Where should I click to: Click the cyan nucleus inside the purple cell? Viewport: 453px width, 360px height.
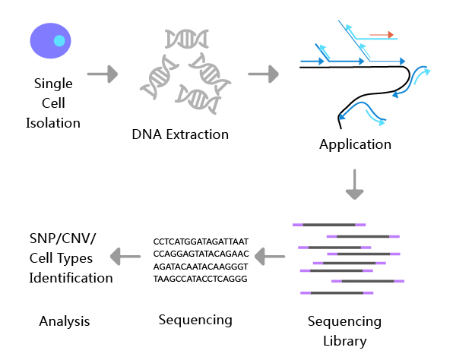tap(59, 41)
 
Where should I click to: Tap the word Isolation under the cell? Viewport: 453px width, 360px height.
tap(53, 123)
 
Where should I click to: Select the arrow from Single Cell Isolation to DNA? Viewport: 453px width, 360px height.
tap(103, 74)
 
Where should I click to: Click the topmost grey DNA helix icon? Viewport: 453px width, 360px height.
tap(187, 39)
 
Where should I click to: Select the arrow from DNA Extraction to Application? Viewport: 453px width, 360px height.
tap(263, 74)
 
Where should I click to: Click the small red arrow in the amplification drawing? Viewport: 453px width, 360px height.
tap(382, 35)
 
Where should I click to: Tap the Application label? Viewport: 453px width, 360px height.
tap(356, 144)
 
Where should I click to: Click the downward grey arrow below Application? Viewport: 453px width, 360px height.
tap(354, 185)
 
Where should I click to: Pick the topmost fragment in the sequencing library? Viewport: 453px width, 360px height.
tap(329, 225)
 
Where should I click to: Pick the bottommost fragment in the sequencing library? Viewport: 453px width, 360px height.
tap(337, 292)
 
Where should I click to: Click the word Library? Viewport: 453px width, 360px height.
tap(344, 341)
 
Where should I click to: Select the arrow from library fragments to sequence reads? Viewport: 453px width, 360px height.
tap(270, 257)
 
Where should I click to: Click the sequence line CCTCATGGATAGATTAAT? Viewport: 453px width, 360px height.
tap(201, 242)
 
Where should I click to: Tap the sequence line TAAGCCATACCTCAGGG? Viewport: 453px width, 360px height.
tap(200, 279)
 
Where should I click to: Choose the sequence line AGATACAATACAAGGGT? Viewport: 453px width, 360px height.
tap(201, 267)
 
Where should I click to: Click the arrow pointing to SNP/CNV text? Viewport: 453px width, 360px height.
tap(125, 257)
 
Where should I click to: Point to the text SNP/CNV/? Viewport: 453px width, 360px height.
tap(62, 238)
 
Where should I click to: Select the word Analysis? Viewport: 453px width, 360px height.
tap(65, 321)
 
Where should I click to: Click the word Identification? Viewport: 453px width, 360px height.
tap(71, 278)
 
